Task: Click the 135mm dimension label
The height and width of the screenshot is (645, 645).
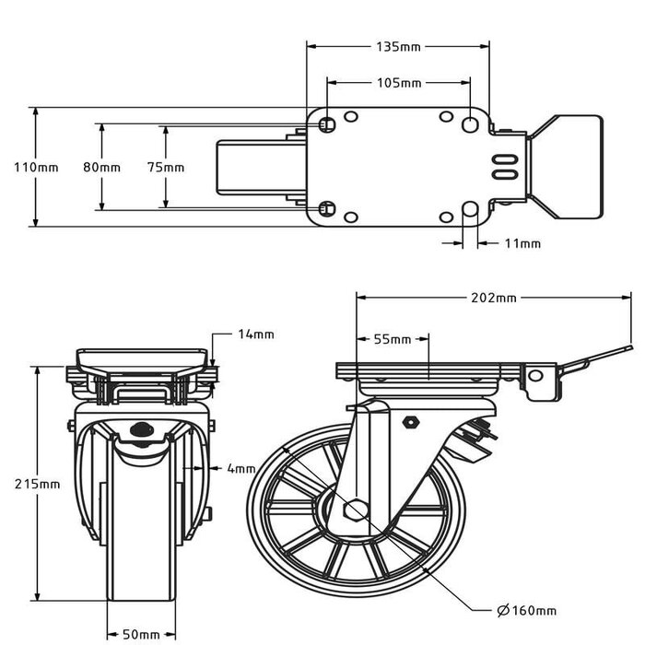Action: click(398, 46)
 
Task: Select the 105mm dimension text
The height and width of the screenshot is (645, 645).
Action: click(398, 83)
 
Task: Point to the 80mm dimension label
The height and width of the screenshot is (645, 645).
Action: click(101, 168)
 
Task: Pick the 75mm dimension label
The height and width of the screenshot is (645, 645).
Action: click(166, 168)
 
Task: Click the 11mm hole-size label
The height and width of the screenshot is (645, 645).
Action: click(522, 244)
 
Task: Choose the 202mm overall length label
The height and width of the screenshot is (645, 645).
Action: click(494, 299)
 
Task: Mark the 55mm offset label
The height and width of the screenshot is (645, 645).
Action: click(393, 339)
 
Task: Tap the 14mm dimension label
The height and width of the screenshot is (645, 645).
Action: click(255, 334)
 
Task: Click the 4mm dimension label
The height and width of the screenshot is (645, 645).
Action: click(241, 468)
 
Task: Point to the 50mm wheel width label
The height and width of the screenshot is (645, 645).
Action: click(141, 635)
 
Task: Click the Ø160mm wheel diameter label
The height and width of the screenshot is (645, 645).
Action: click(526, 610)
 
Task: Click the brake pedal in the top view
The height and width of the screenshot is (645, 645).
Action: click(564, 167)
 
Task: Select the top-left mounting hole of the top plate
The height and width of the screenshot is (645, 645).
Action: click(327, 123)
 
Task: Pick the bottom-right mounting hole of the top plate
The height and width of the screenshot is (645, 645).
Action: click(471, 210)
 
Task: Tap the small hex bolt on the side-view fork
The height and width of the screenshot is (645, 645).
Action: click(411, 422)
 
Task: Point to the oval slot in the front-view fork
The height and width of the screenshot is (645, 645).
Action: click(142, 428)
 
